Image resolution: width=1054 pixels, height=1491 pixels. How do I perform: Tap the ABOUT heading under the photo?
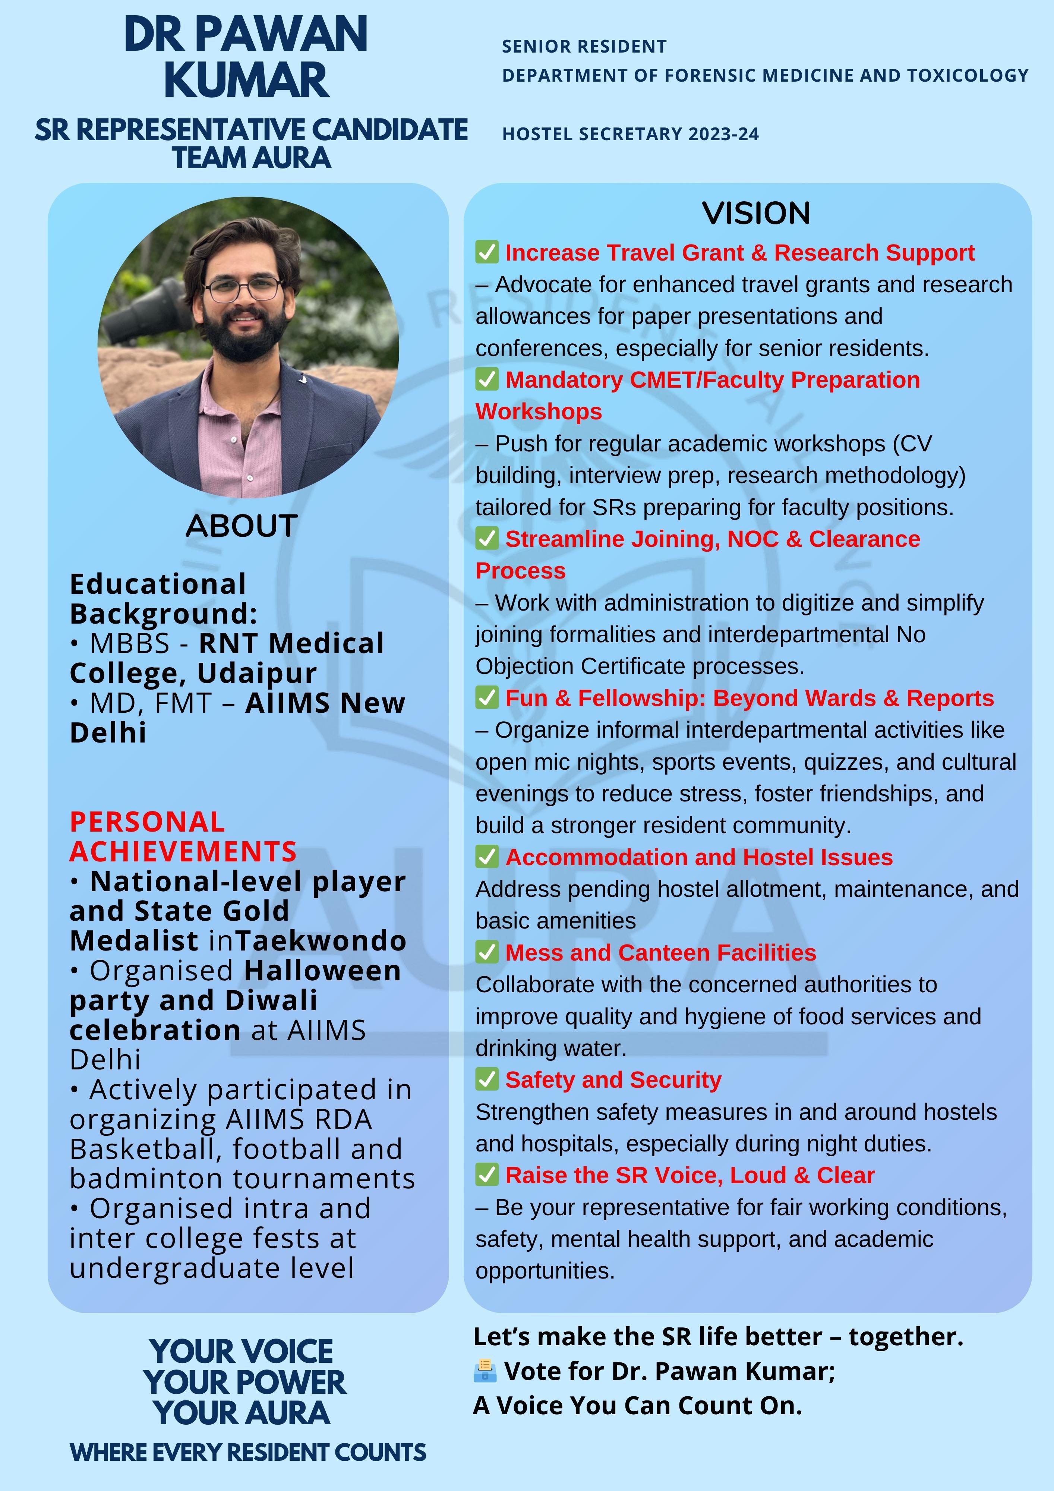[x=242, y=526]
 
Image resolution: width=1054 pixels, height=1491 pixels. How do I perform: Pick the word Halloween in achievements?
[x=323, y=971]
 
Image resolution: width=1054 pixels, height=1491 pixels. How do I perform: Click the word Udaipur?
[x=257, y=674]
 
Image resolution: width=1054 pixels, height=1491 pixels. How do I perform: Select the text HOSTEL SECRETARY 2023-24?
[x=630, y=135]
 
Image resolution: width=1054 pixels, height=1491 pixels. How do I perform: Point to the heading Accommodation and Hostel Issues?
[x=699, y=857]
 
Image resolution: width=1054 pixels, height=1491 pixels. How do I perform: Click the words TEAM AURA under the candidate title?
[x=251, y=158]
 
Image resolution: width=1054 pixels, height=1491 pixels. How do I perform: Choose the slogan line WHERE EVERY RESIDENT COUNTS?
[x=248, y=1452]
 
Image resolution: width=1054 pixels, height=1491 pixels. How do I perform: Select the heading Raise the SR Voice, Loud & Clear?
[x=689, y=1175]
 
